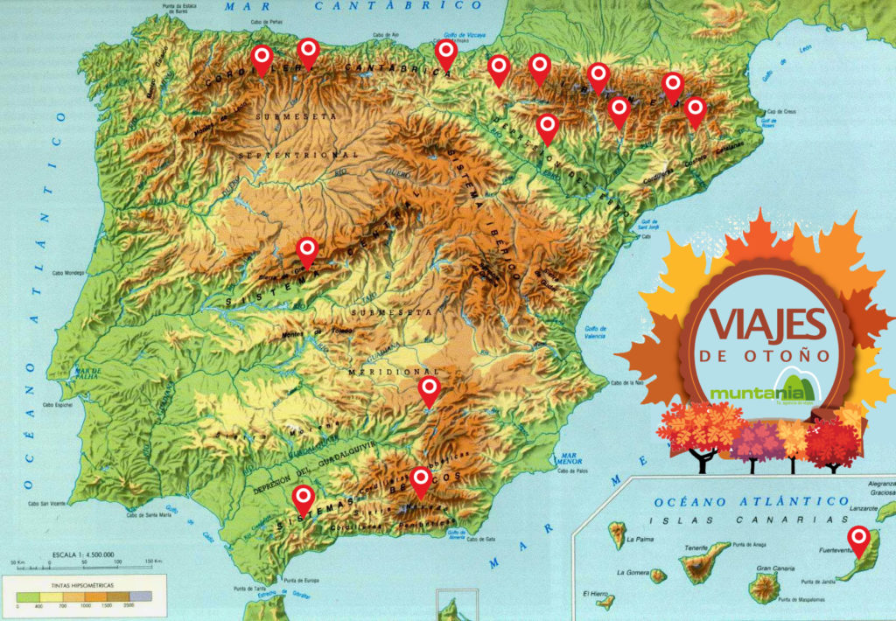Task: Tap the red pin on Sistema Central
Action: tap(307, 251)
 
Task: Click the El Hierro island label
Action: tap(597, 594)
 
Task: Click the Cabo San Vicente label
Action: tap(46, 503)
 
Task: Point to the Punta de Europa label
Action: tap(303, 579)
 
